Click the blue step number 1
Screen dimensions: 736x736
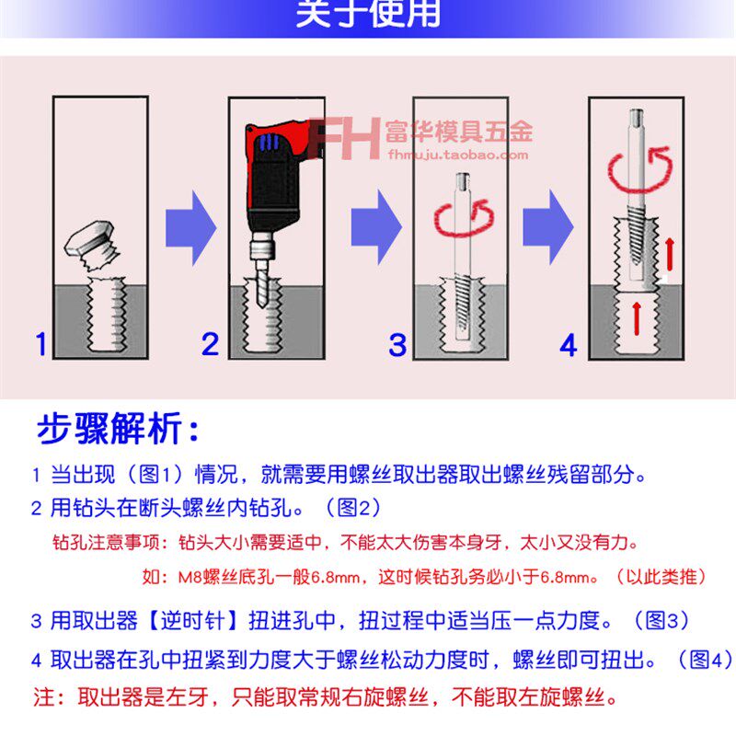coord(40,345)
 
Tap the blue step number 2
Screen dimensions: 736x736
coord(211,345)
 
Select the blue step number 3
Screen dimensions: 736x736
coord(397,346)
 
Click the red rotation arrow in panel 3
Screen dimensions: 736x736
coord(460,220)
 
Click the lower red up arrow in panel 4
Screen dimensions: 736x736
coord(637,318)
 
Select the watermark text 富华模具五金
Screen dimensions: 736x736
coord(458,132)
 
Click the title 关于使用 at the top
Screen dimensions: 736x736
coord(368,16)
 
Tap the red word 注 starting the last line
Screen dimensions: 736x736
coord(42,693)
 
